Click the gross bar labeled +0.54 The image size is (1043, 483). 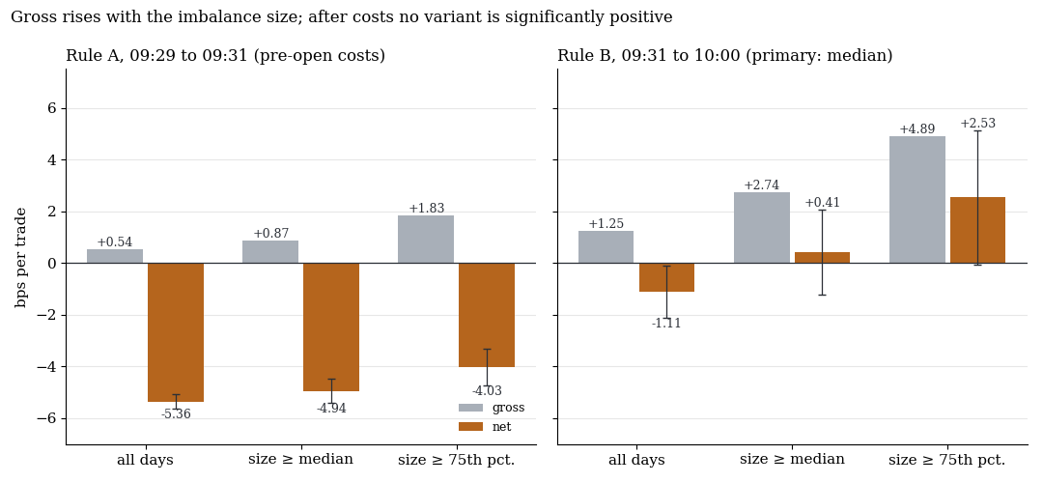[114, 256]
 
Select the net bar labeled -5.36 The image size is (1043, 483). [176, 332]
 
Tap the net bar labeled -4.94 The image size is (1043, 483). [331, 327]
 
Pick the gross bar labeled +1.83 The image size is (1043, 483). [426, 240]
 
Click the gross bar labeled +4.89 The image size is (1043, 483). [917, 200]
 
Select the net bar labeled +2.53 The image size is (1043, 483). [977, 230]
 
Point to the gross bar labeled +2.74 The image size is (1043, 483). [762, 228]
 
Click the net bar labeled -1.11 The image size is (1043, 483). [666, 277]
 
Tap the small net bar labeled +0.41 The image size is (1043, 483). [822, 258]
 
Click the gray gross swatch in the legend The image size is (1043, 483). [470, 408]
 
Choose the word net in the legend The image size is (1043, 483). [501, 426]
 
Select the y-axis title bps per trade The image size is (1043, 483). [21, 258]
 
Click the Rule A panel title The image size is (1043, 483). [225, 56]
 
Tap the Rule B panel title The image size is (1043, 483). [725, 56]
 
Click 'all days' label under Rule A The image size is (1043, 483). [145, 460]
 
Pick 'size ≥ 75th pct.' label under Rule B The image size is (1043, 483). [947, 460]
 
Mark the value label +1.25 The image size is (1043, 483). [606, 223]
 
